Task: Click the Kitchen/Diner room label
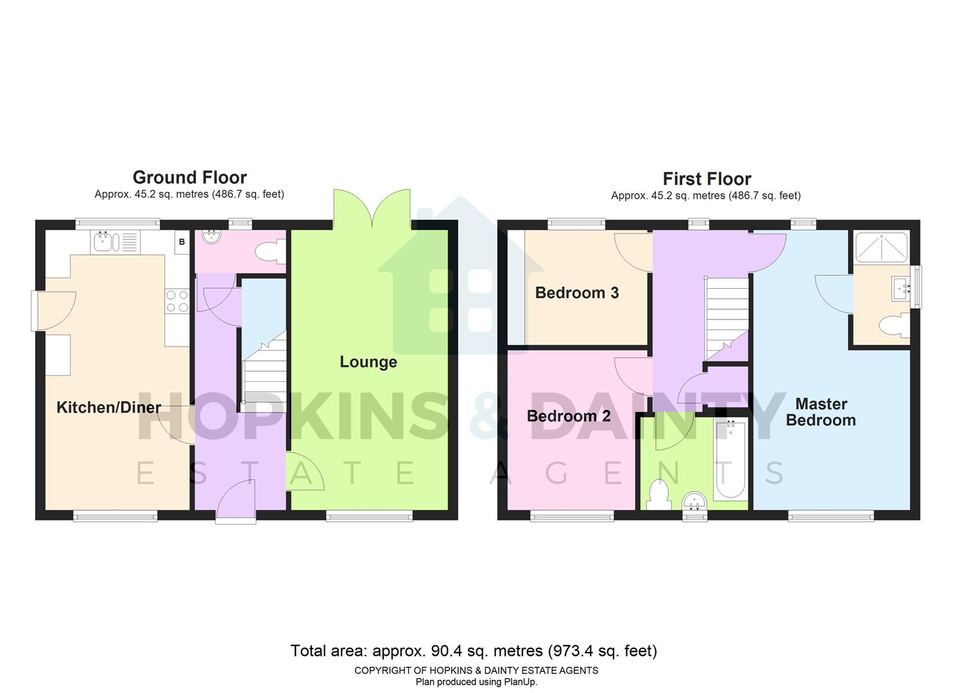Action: (108, 407)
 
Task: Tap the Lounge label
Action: (368, 362)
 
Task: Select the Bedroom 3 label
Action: (576, 293)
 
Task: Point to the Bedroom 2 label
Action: (568, 416)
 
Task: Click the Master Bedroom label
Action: (821, 412)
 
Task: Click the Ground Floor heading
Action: (189, 177)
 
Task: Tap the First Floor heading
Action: (707, 178)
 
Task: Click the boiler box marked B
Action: (182, 243)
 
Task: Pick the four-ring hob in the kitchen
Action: (178, 301)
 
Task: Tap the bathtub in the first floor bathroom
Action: (731, 459)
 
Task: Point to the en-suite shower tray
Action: (881, 247)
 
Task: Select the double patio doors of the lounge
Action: (372, 209)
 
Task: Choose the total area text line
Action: (474, 651)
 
